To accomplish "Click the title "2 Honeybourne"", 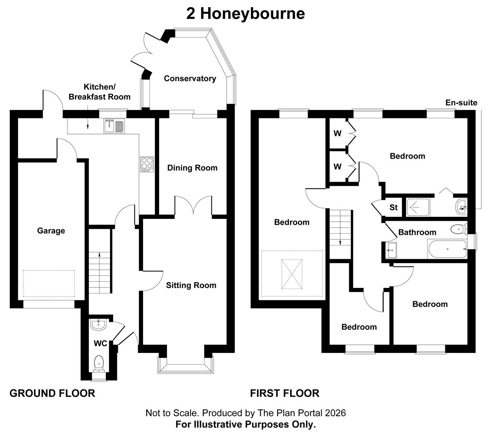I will (245, 14).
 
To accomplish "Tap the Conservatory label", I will (190, 78).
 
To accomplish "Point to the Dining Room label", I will (192, 168).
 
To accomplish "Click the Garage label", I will (51, 231).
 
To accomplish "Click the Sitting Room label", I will (191, 285).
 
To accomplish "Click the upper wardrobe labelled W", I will (337, 133).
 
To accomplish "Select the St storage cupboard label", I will (393, 208).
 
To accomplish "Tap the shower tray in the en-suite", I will (418, 208).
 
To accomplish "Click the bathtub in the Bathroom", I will (447, 249).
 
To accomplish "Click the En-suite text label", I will (461, 103).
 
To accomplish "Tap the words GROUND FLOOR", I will (52, 393).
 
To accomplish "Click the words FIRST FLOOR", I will (284, 393).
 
